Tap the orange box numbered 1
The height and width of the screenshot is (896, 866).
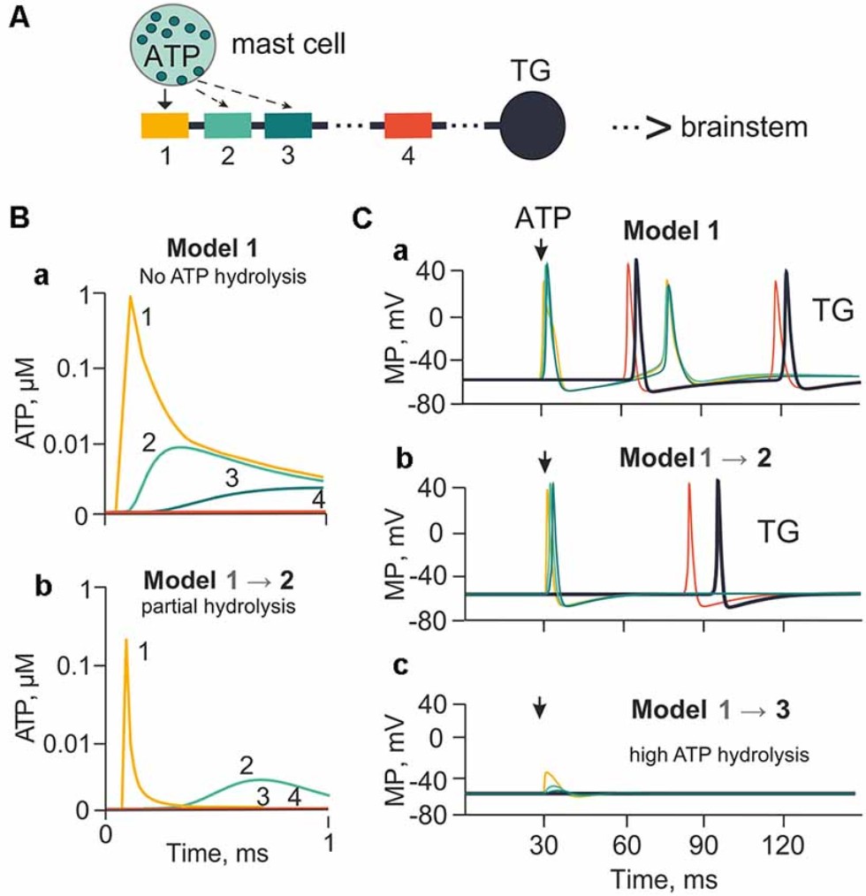[164, 125]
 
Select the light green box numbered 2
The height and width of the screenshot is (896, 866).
[227, 125]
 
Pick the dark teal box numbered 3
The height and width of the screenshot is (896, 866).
[288, 125]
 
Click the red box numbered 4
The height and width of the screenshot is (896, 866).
[407, 125]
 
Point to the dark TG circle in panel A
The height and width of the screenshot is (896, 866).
[532, 125]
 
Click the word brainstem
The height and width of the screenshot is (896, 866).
[744, 127]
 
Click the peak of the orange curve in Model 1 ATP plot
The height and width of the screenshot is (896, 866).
[130, 298]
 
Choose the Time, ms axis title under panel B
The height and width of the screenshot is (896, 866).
[217, 856]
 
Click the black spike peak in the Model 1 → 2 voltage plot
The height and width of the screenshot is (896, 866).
[718, 482]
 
